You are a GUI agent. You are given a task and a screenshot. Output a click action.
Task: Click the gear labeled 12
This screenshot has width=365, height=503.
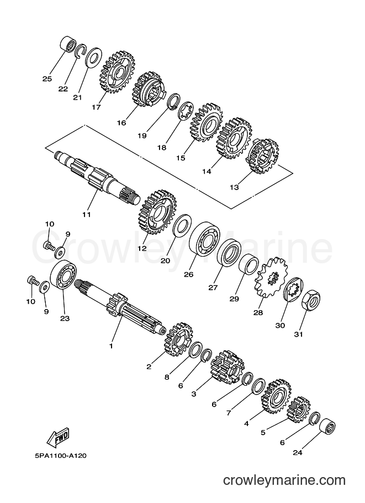pos(157,212)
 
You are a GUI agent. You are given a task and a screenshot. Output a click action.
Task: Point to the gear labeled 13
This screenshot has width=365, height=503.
pos(262,156)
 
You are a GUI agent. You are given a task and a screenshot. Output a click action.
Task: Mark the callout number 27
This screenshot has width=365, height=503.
pos(214,287)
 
